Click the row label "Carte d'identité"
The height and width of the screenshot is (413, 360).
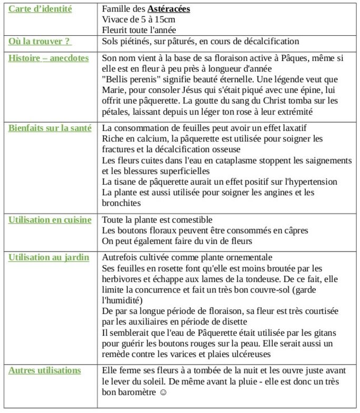[x=40, y=9]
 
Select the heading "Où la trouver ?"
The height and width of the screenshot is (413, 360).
[x=40, y=41]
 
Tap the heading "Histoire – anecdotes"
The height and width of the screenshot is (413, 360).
[x=48, y=58]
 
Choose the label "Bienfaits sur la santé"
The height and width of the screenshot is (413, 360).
[x=49, y=128]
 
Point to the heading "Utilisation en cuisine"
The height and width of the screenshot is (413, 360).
[x=49, y=220]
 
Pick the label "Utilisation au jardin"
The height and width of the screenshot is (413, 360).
[x=48, y=257]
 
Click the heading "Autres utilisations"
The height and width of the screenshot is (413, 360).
[x=45, y=370]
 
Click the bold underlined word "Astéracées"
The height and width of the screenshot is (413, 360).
[x=168, y=9]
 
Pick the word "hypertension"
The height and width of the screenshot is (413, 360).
[x=313, y=182]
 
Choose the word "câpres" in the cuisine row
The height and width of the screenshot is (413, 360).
[x=295, y=230]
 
